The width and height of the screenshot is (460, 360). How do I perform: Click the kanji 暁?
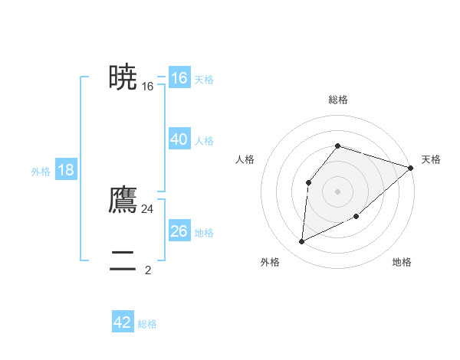123,77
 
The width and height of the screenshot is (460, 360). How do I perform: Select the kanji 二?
123,261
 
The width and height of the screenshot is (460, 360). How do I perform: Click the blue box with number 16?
179,78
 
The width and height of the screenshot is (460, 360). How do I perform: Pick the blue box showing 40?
179,139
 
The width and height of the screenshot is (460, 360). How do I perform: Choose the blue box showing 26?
179,231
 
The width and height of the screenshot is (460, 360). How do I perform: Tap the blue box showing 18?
66,170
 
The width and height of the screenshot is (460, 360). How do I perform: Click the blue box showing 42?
123,322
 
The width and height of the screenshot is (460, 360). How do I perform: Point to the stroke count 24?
147,208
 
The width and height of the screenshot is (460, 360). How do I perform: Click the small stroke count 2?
148,270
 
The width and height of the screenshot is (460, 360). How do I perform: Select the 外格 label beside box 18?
41,172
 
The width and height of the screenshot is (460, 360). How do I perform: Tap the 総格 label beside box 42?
147,324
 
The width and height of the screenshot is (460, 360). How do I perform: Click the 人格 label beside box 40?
204,141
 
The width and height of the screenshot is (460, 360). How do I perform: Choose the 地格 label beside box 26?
204,233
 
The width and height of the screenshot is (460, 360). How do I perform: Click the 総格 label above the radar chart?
337,100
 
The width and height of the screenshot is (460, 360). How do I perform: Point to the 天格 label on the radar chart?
431,159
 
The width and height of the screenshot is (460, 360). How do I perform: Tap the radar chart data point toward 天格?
410,168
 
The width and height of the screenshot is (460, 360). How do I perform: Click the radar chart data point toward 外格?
301,242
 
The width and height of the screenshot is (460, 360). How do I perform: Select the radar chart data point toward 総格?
337,146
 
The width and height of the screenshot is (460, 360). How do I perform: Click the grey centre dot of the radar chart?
337,191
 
